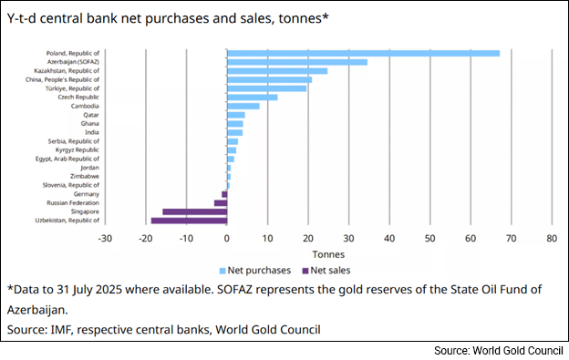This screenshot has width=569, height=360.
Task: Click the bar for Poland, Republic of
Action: pyautogui.click(x=363, y=53)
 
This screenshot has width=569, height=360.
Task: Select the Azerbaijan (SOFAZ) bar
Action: pyautogui.click(x=296, y=62)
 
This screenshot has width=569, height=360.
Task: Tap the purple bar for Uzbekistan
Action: pyautogui.click(x=189, y=221)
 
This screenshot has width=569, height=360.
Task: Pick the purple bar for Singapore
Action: pyautogui.click(x=194, y=211)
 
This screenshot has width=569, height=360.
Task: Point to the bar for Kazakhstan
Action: pyautogui.click(x=276, y=71)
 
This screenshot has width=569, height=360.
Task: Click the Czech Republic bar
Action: pyautogui.click(x=252, y=98)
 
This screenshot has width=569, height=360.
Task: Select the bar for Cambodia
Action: pyautogui.click(x=243, y=106)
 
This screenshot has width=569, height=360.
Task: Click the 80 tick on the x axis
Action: pyautogui.click(x=552, y=239)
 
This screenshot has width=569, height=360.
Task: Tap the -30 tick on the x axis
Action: pyautogui.click(x=105, y=239)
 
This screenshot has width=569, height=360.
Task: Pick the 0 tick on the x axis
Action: pyautogui.click(x=226, y=239)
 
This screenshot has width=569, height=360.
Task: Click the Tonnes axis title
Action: pyautogui.click(x=328, y=254)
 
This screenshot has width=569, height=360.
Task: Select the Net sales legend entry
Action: pyautogui.click(x=329, y=270)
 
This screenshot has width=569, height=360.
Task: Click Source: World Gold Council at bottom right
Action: pyautogui.click(x=497, y=350)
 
